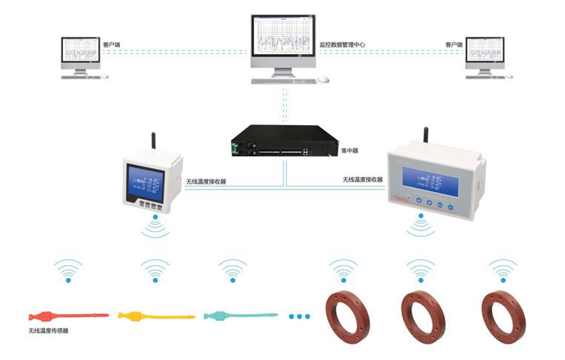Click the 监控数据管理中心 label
[x=342, y=45]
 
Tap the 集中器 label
[x=350, y=150]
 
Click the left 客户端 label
[x=112, y=45]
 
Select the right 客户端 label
[x=454, y=45]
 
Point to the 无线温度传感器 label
[x=48, y=331]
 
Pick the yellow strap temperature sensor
[x=156, y=316]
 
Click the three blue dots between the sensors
[x=299, y=316]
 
